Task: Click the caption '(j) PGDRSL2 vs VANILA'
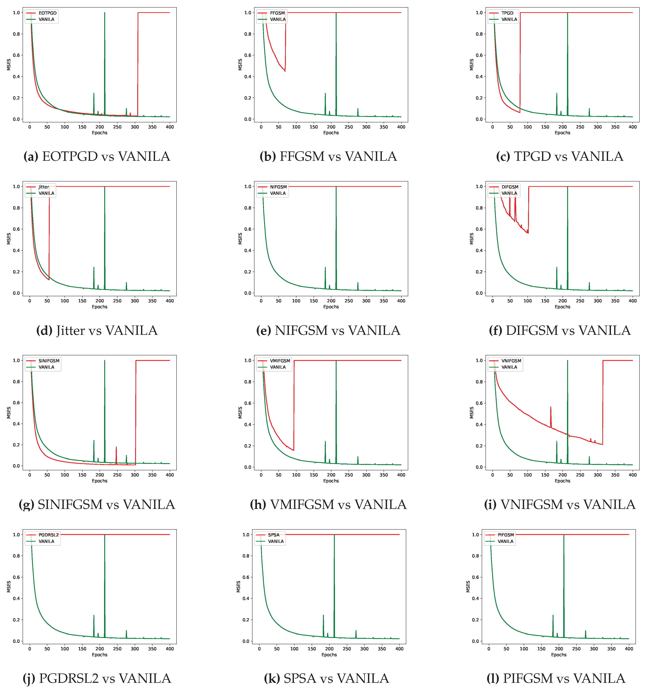97,678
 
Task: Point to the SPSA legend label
274,535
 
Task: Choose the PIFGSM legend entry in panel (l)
506,535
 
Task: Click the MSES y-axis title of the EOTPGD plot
9,64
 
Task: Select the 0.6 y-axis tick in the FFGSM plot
248,55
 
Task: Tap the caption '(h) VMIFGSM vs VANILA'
328,504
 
